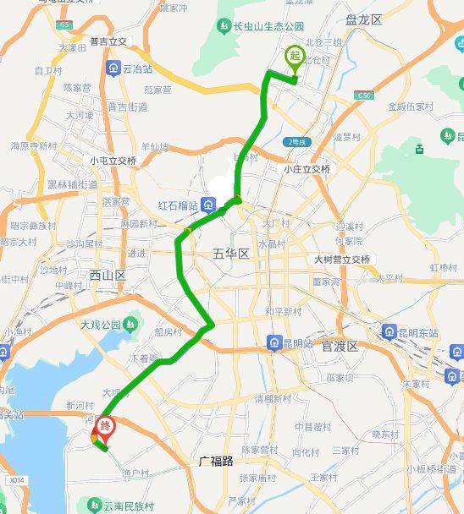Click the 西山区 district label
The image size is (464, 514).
pos(107,275)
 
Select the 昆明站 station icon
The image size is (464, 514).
pos(273,342)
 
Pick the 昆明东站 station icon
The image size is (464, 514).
pos(390,332)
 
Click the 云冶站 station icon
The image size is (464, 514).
pos(112,68)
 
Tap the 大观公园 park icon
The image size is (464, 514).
pos(130,323)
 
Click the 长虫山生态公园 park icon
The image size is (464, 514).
pos(224,27)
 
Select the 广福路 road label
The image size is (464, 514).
pos(222,462)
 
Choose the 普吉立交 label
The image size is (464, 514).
pos(107,42)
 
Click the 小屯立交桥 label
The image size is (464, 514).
pos(113,161)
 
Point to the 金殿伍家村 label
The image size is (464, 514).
pos(411,107)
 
